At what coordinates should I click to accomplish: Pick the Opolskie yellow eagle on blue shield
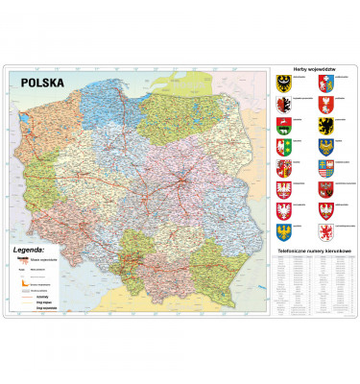[284, 230]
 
